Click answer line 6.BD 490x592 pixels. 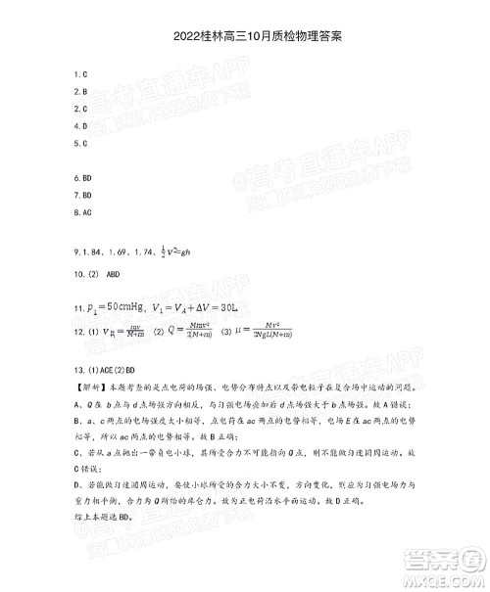pyautogui.click(x=82, y=179)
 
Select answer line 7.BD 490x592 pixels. pyautogui.click(x=82, y=196)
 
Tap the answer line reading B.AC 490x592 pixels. pyautogui.click(x=82, y=212)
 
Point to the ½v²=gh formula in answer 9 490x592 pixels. pyautogui.click(x=178, y=248)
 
